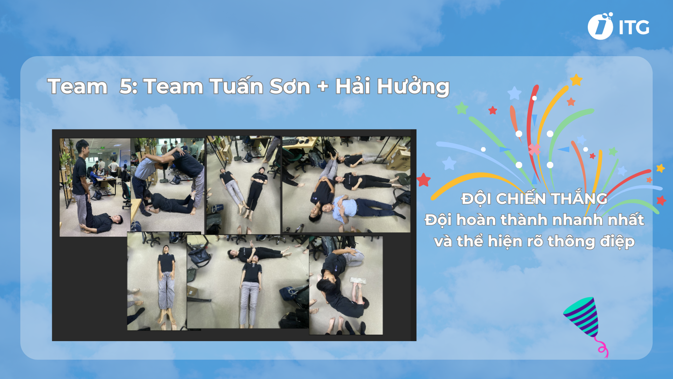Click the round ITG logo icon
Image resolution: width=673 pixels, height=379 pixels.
click(600, 27)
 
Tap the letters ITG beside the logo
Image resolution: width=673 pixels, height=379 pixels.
click(634, 28)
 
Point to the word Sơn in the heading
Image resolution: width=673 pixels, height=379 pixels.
click(290, 87)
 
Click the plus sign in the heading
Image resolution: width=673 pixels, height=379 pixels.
click(322, 87)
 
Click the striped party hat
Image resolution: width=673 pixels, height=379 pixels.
click(583, 316)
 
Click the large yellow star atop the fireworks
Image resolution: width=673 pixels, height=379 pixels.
click(576, 80)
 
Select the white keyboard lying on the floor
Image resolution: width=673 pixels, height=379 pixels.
click(358, 280)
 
